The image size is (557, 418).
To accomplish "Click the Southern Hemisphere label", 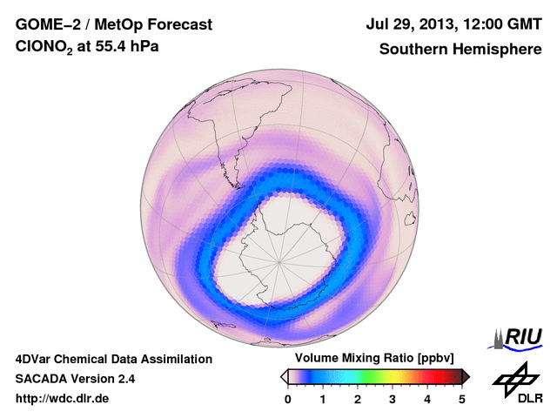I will pyautogui.click(x=460, y=49).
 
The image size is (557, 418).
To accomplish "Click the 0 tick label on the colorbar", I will pyautogui.click(x=288, y=399).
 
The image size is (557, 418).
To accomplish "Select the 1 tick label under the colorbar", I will pyautogui.click(x=323, y=399).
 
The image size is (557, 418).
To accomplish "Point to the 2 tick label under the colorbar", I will pyautogui.click(x=358, y=399).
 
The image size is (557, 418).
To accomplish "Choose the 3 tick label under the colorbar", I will pyautogui.click(x=393, y=399).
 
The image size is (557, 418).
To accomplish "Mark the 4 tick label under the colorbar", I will pyautogui.click(x=427, y=399).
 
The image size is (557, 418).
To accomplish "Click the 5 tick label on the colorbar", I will pyautogui.click(x=462, y=399).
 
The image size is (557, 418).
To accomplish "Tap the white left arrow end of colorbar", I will pyautogui.click(x=285, y=376).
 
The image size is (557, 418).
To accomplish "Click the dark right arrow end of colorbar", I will pyautogui.click(x=466, y=376).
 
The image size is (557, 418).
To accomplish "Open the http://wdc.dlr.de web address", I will pyautogui.click(x=63, y=399).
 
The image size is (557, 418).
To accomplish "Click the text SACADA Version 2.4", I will pyautogui.click(x=75, y=379).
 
